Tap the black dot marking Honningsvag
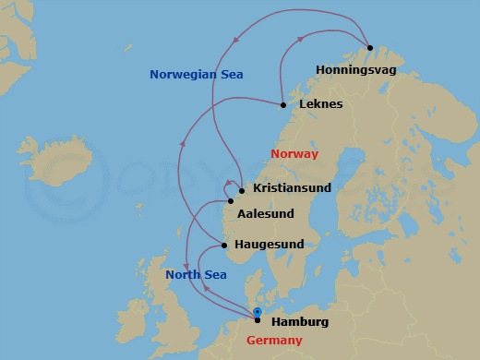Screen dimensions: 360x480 coord(369,47)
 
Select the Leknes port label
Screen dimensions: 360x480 coord(321,104)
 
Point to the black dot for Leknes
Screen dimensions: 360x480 coord(282,104)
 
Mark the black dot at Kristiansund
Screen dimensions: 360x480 coord(241,191)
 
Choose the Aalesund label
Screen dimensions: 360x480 coord(266,213)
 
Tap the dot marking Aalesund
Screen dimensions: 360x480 coord(231,201)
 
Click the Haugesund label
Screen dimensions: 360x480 coord(270,245)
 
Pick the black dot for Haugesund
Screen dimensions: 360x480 coord(224,246)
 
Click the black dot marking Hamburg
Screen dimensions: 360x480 coord(258,319)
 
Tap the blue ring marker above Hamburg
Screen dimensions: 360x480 coord(258,312)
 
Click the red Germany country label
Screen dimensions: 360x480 coord(274,342)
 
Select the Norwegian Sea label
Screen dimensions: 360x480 coord(196,74)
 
